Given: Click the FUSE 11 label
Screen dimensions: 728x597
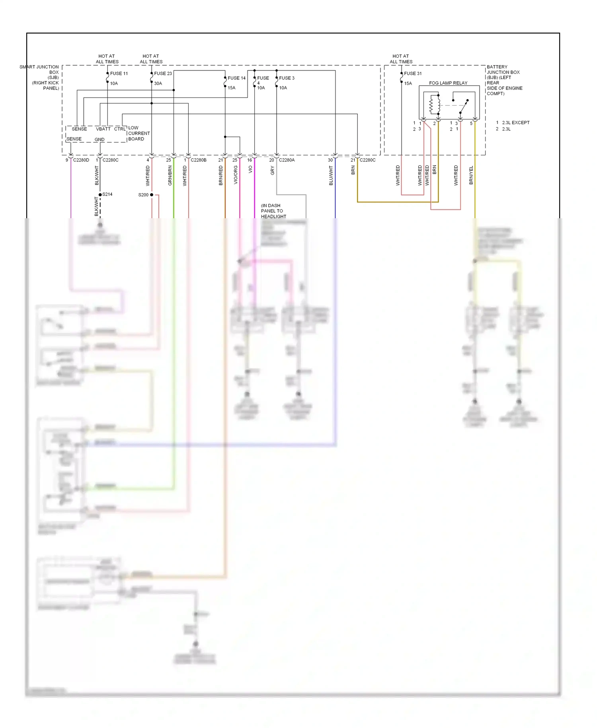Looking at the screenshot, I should tap(119, 73).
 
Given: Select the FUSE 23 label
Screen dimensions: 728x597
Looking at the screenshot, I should tap(163, 73).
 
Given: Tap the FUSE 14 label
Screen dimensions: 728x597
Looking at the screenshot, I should tap(236, 78).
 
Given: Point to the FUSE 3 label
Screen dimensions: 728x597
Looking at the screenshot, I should tap(287, 78).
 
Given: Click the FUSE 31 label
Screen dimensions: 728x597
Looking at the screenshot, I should tap(413, 73).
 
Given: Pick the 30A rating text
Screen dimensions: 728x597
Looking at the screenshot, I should tap(158, 84).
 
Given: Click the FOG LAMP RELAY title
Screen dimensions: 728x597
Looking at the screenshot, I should tap(448, 83).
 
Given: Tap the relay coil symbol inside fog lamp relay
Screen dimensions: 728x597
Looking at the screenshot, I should tap(432, 105).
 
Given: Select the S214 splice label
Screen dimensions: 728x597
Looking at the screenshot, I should tap(107, 194).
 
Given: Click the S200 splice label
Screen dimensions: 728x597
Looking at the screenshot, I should tap(143, 195).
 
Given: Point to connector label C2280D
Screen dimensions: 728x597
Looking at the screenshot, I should tap(81, 160).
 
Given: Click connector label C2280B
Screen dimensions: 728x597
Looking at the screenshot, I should tap(199, 160).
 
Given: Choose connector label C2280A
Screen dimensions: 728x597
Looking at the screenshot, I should tap(287, 160).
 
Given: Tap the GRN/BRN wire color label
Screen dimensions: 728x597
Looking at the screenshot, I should tap(170, 176).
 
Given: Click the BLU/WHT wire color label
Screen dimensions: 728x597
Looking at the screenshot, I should tap(331, 176).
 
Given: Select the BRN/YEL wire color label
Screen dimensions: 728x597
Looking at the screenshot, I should tap(471, 175).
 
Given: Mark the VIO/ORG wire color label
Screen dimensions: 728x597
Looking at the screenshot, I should tap(236, 175).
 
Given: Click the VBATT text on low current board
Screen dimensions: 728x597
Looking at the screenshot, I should tap(103, 129).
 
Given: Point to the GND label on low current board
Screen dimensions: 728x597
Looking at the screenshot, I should tap(99, 139).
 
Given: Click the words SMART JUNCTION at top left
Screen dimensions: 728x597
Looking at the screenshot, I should tap(39, 67).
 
